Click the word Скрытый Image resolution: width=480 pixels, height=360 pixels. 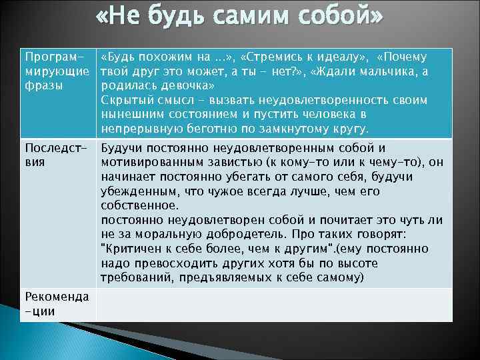[123, 100]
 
